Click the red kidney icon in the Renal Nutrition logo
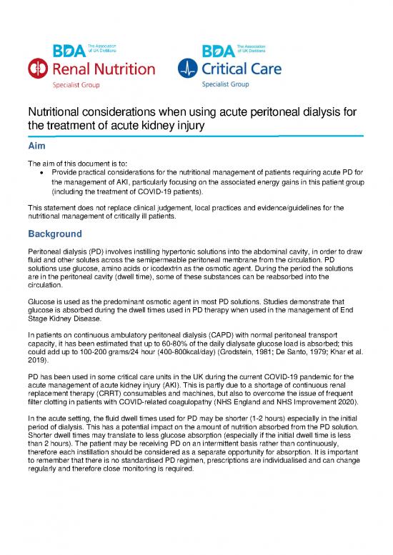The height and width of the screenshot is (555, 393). [x=37, y=69]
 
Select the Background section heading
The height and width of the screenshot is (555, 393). [x=58, y=233]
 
